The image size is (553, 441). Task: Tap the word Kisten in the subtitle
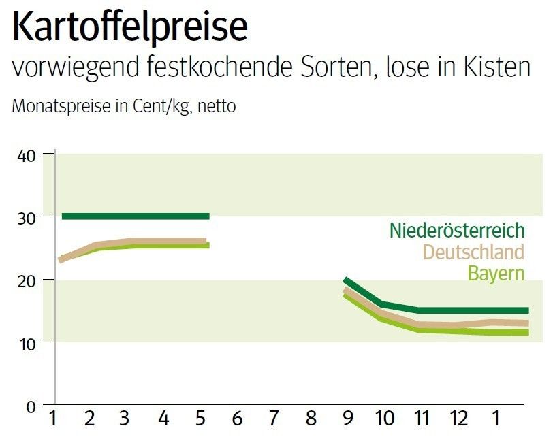pyautogui.click(x=494, y=68)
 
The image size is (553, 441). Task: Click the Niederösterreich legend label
pyautogui.click(x=457, y=230)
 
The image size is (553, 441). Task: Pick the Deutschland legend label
pyautogui.click(x=473, y=252)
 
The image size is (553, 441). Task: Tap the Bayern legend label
pyautogui.click(x=496, y=274)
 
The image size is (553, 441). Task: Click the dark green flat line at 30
pyautogui.click(x=136, y=216)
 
